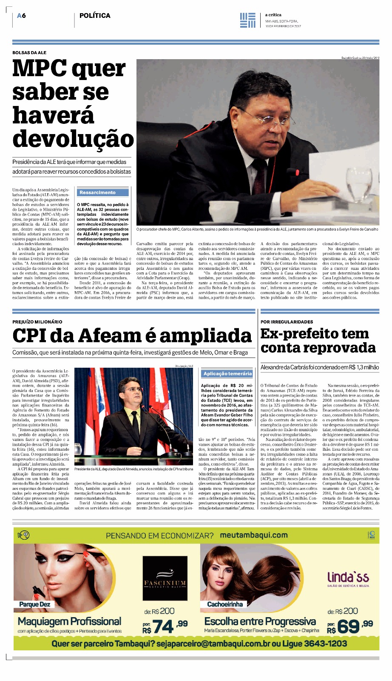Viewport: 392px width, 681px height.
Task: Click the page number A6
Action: tap(22, 16)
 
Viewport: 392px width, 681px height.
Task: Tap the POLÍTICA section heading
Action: tap(95, 16)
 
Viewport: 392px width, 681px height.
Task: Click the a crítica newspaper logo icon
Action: tap(248, 20)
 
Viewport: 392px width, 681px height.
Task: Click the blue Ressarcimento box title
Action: tap(97, 192)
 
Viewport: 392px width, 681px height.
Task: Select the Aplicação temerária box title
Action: tap(227, 374)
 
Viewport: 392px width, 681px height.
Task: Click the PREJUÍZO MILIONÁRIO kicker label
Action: tap(37, 322)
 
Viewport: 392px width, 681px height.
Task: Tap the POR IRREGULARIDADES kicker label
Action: tap(287, 322)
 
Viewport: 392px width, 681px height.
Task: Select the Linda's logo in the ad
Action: tap(348, 578)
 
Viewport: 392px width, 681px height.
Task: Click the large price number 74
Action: tap(163, 627)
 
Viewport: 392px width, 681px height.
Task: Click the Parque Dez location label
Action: tap(35, 604)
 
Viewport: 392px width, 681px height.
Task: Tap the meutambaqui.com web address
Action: tap(253, 535)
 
